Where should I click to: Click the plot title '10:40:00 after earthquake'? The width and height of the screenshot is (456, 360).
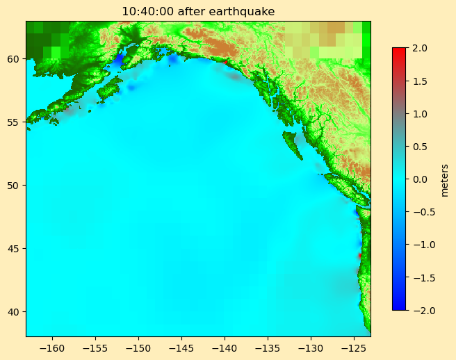198,11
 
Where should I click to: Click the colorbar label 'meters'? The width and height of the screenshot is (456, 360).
444,179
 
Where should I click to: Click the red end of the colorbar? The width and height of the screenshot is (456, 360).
399,52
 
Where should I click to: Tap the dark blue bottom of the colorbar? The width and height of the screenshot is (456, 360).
399,305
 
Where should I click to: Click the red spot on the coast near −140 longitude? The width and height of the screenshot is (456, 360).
225,61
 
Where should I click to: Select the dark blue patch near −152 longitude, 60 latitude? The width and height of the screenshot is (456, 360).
118,60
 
